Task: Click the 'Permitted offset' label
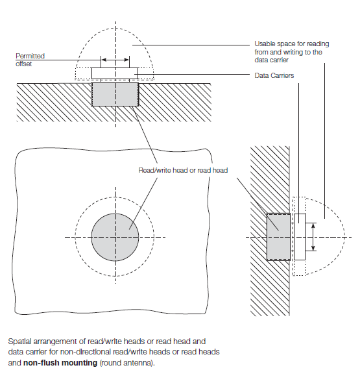pyautogui.click(x=30, y=60)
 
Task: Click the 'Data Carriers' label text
pyautogui.click(x=274, y=75)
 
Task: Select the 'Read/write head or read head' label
pyautogui.click(x=183, y=170)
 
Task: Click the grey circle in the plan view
pyautogui.click(x=115, y=237)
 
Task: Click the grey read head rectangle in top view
pyautogui.click(x=115, y=94)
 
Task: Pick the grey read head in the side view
pyautogui.click(x=278, y=237)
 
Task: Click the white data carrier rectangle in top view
pyautogui.click(x=115, y=73)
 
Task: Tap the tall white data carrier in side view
pyautogui.click(x=300, y=237)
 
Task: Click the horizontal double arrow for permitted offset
pyautogui.click(x=115, y=60)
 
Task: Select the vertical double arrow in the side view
pyautogui.click(x=313, y=237)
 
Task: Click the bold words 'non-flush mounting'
pyautogui.click(x=60, y=363)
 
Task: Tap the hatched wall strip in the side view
pyautogui.click(x=270, y=231)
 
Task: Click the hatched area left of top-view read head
pyautogui.click(x=54, y=103)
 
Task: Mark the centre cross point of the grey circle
pyautogui.click(x=115, y=237)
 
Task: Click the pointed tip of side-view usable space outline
pyautogui.click(x=345, y=237)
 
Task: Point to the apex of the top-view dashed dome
pyautogui.click(x=115, y=28)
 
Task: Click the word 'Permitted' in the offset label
pyautogui.click(x=30, y=56)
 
